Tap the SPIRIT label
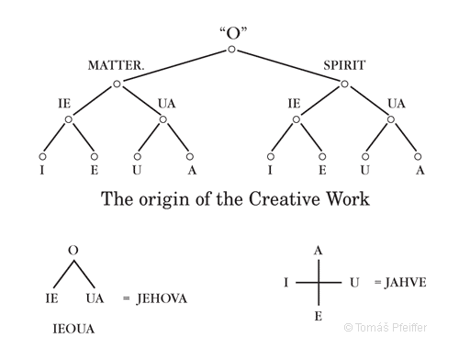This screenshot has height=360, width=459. click(344, 65)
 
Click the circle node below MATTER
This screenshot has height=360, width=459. click(118, 84)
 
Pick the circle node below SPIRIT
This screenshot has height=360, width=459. click(344, 84)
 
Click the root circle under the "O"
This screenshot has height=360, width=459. click(232, 49)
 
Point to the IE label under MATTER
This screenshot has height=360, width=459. click(63, 103)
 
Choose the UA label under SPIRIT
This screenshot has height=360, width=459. click(396, 103)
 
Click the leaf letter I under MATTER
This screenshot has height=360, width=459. click(42, 170)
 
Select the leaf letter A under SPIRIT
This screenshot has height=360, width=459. click(419, 170)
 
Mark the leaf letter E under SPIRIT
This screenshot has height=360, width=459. click(322, 170)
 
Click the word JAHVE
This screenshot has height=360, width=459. click(400, 283)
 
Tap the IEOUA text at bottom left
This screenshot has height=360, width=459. click(69, 326)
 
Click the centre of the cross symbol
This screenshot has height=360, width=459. click(319, 283)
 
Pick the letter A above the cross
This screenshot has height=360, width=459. click(319, 251)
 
